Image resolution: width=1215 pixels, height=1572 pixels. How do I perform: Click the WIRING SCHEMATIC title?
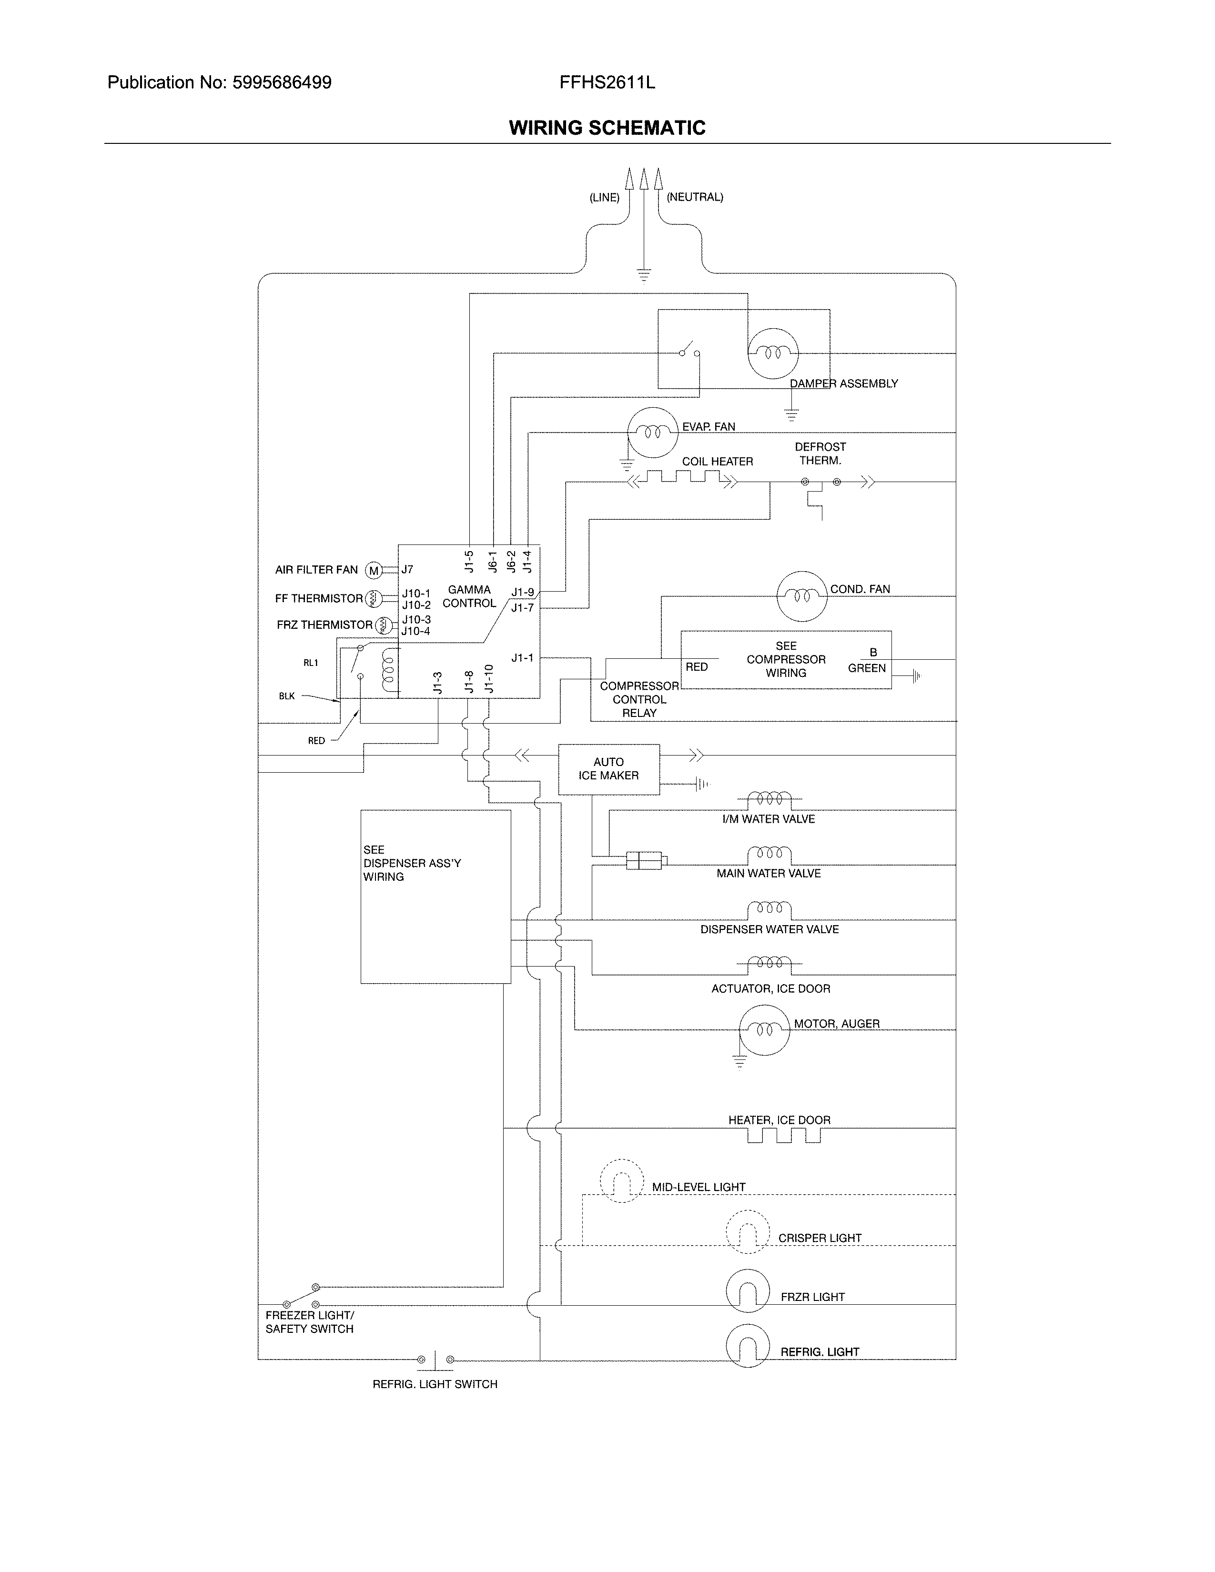point(607,128)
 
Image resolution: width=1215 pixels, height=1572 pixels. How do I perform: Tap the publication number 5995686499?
point(282,83)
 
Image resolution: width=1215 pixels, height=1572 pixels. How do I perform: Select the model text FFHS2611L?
point(607,83)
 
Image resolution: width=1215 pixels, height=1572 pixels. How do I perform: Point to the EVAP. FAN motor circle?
point(652,432)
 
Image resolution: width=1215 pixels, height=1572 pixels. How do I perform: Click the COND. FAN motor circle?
point(801,596)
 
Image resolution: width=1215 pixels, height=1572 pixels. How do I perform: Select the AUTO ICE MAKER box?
point(608,769)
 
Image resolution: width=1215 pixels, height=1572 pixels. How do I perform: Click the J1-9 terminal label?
point(523,593)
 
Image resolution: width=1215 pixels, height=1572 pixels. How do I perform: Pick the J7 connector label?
point(407,569)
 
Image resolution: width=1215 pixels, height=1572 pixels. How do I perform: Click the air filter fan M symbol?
point(374,571)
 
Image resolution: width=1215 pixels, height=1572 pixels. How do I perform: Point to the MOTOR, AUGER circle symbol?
point(764,1030)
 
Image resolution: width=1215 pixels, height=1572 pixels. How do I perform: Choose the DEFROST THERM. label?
point(820,453)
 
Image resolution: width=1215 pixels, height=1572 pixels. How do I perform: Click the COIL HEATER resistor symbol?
point(682,479)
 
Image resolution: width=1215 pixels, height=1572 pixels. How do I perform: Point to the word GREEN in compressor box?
point(867,669)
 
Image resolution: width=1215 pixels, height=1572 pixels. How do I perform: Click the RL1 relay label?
point(310,663)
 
